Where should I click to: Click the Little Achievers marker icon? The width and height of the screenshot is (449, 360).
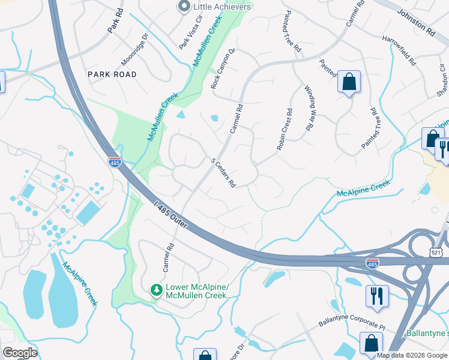pos(184,7)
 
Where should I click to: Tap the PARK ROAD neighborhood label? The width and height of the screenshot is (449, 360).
pos(112,74)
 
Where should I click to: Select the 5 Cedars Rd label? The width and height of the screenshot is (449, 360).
pos(222,173)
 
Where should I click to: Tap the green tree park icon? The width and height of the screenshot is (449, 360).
pos(157,290)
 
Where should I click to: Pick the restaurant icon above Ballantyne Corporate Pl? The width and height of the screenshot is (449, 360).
pos(378,296)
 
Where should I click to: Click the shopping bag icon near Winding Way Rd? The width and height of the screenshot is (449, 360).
pos(349,82)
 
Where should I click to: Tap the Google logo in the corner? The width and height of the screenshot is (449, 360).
pos(20,353)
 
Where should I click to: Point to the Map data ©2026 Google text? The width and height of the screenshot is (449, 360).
pos(411,355)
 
